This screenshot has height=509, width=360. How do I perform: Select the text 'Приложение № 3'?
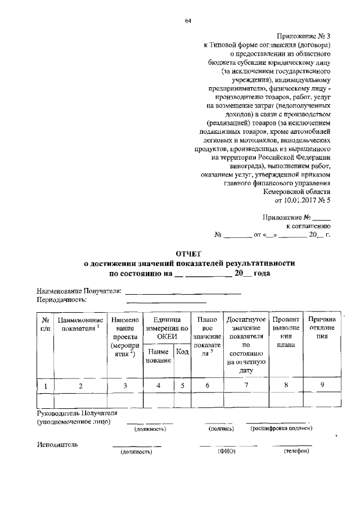pyautogui.click(x=308, y=35)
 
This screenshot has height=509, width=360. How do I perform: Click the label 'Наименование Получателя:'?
pyautogui.click(x=79, y=291)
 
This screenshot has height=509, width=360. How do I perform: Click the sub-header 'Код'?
pyautogui.click(x=182, y=352)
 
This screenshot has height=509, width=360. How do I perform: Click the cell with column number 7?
pyautogui.click(x=246, y=385)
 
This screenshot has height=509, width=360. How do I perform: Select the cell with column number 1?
pyautogui.click(x=45, y=385)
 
